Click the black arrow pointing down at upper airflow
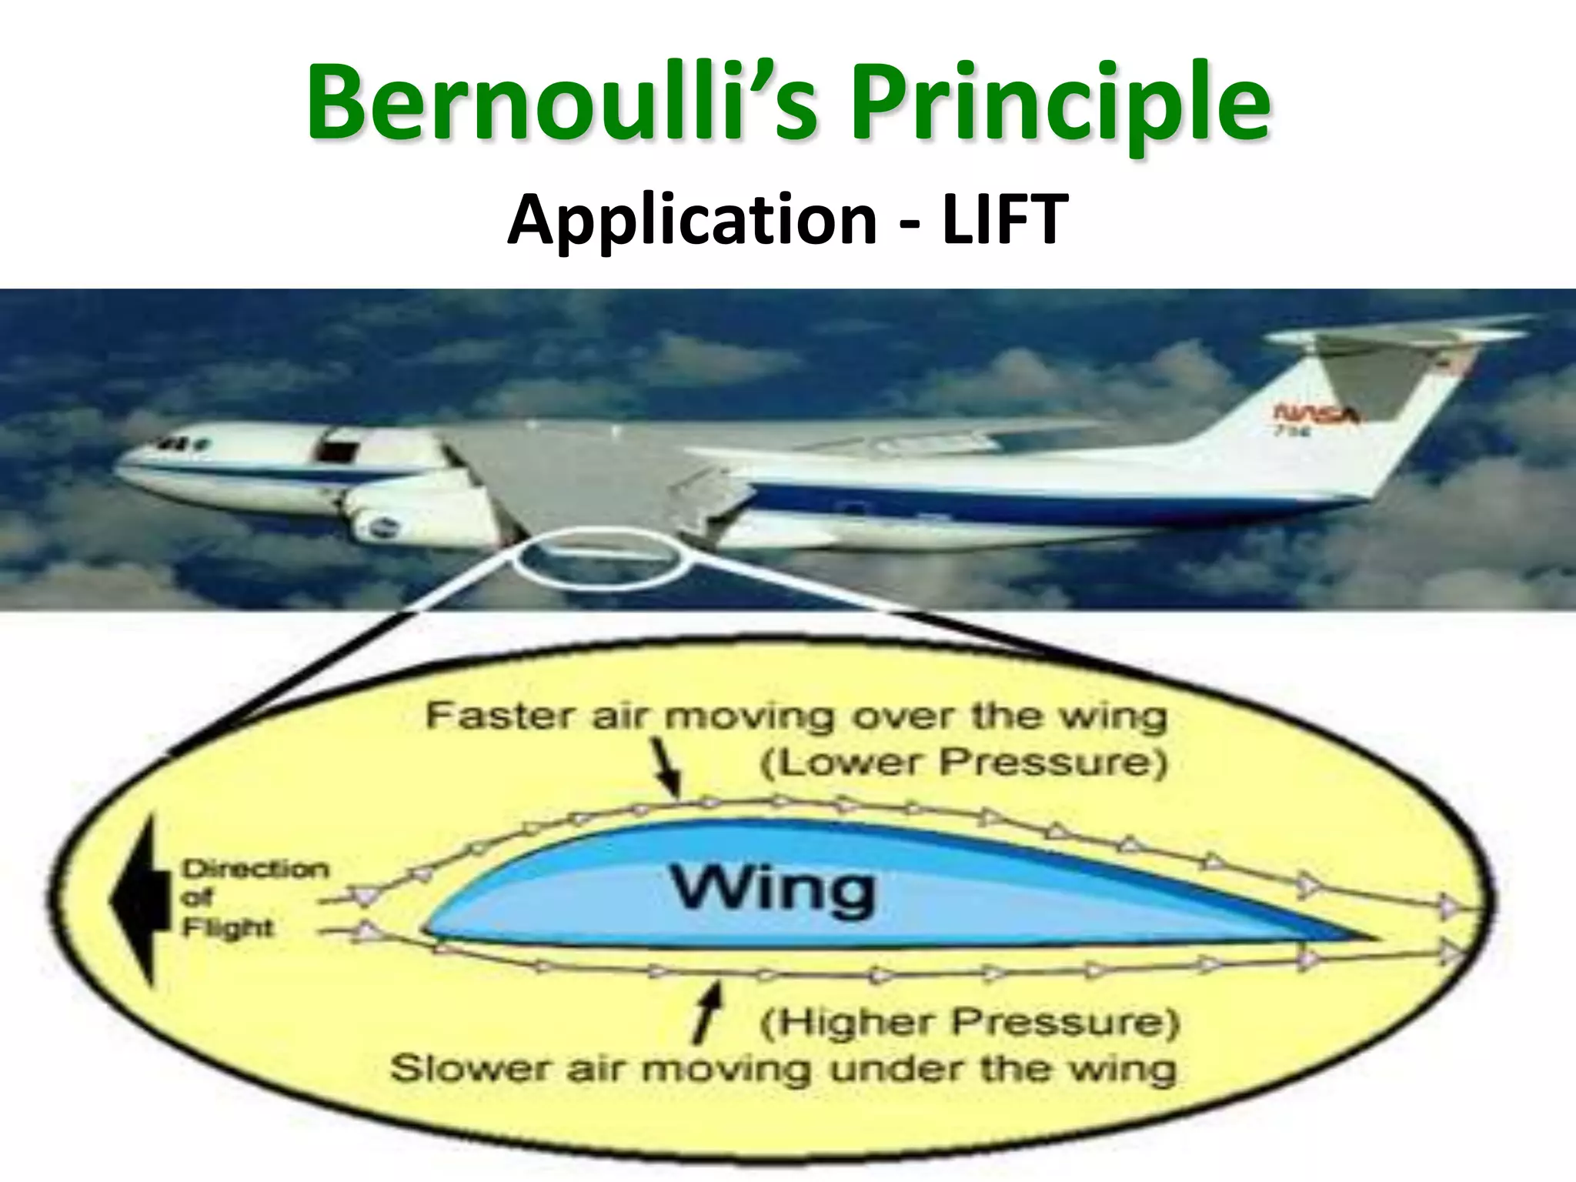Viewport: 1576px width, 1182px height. pos(669,773)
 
